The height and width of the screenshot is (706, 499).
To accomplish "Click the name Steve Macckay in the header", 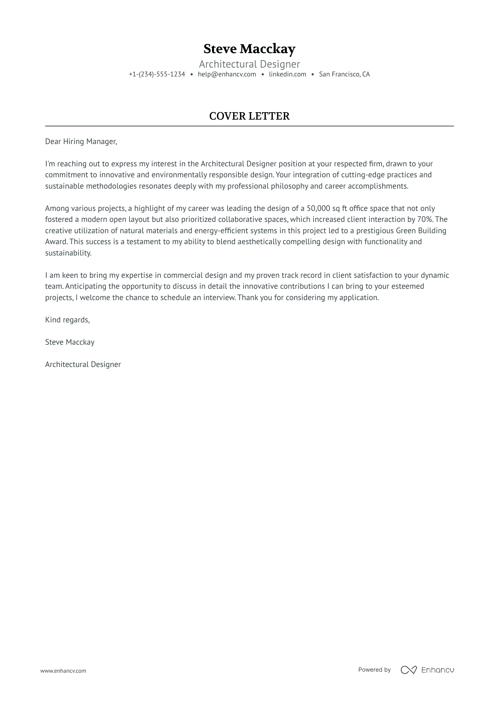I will click(249, 49).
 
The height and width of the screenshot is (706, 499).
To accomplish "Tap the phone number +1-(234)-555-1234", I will click(157, 74).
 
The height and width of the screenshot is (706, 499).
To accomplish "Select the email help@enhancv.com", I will click(227, 74).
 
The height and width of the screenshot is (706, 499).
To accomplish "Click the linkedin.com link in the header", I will click(287, 74).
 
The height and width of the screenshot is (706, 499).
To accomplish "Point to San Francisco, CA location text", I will click(344, 74).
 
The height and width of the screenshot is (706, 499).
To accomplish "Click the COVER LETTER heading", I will click(249, 116).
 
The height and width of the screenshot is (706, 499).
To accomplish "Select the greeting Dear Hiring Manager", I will click(81, 142).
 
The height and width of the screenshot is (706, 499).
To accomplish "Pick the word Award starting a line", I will click(56, 242).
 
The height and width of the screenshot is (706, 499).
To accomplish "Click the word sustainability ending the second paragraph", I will click(68, 253).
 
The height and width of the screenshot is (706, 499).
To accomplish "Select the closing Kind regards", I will click(67, 320).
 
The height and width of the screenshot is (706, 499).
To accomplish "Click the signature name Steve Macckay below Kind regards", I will click(70, 342).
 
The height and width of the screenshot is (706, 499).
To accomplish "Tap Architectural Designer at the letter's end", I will click(83, 365).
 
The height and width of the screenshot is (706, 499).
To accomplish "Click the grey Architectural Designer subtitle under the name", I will click(249, 64).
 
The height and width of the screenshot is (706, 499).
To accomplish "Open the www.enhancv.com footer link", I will click(63, 671).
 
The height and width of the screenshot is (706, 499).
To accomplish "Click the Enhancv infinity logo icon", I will click(408, 670).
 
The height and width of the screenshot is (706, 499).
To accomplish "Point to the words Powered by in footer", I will click(374, 670).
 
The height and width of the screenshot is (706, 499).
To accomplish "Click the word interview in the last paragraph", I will click(219, 298).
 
